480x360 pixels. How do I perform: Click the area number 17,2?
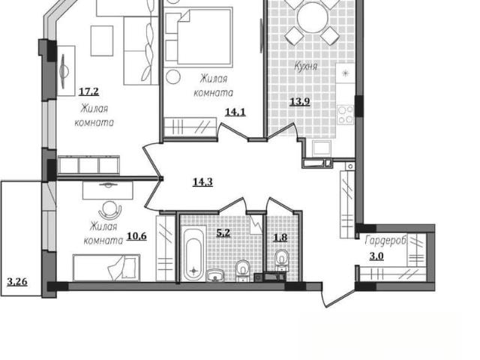(88, 91)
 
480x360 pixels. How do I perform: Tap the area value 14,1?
(235, 112)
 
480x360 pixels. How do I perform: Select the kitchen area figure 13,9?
(300, 101)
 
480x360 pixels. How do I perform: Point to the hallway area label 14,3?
(202, 182)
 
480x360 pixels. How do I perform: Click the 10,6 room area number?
(136, 236)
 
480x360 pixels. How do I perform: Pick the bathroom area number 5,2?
(223, 233)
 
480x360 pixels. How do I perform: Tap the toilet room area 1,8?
(280, 238)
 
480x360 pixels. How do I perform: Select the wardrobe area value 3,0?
(376, 256)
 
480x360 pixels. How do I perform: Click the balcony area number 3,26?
(17, 282)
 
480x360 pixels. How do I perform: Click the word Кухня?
(305, 66)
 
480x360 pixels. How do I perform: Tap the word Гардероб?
(385, 240)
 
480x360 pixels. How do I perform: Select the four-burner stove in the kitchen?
(346, 115)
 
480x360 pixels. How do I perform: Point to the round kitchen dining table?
(313, 16)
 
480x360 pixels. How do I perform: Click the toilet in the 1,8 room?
(281, 260)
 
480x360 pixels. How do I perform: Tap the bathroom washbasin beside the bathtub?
(216, 275)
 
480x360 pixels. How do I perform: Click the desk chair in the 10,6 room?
(110, 210)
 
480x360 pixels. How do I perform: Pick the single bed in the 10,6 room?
(106, 267)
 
